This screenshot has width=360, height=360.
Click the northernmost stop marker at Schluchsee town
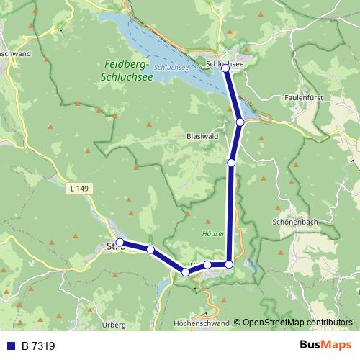(x=225, y=68)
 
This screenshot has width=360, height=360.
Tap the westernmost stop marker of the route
(x=120, y=243)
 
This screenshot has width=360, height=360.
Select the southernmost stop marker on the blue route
(x=186, y=272)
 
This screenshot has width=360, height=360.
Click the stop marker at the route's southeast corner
(x=229, y=264)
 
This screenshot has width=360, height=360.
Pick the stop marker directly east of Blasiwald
(x=231, y=163)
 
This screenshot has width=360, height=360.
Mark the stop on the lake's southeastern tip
(x=240, y=122)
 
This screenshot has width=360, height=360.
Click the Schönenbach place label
(x=295, y=222)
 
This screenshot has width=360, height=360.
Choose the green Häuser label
(x=215, y=233)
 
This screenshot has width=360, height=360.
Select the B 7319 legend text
(x=38, y=346)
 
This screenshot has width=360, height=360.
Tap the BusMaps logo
(x=325, y=346)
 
